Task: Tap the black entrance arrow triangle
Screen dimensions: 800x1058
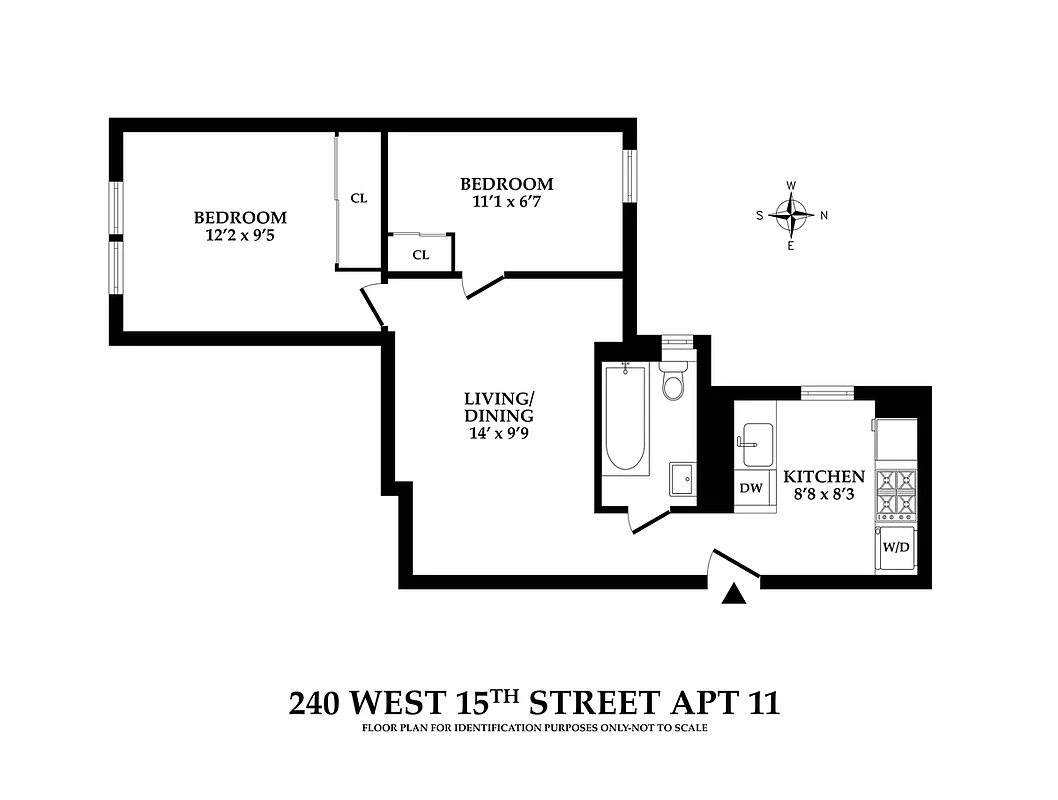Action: (735, 594)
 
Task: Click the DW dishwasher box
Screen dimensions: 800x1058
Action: (752, 490)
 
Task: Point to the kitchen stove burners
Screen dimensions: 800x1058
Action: (896, 492)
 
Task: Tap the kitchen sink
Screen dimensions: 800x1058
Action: (755, 437)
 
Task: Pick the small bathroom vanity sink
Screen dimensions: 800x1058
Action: (684, 478)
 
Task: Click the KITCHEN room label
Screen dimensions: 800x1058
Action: (824, 476)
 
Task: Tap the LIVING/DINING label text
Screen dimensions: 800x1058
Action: (498, 408)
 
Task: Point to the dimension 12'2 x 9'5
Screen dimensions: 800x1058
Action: (240, 236)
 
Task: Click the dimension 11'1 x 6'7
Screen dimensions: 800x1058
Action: (506, 202)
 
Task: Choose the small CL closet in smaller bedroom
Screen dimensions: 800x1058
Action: (421, 254)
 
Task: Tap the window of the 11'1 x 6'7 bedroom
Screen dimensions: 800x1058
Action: (630, 175)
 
